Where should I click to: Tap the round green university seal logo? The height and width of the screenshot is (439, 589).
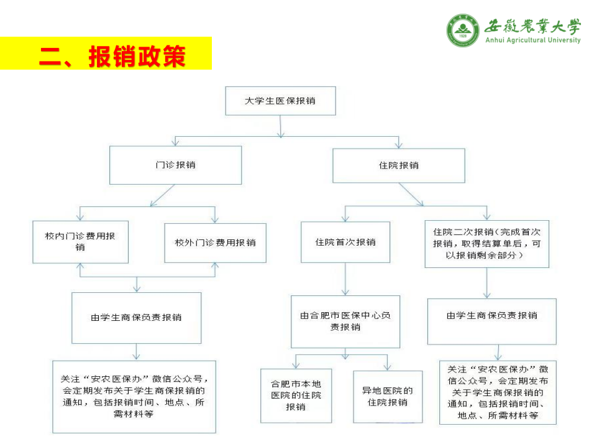click(x=463, y=30)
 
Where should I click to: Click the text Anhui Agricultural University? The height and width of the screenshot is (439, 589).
click(x=532, y=40)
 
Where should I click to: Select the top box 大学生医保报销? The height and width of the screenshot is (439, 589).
click(x=280, y=101)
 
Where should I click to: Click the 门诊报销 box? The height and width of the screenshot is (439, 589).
click(x=175, y=165)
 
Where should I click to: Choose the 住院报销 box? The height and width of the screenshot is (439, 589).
click(x=398, y=165)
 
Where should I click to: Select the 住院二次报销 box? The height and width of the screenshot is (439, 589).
click(x=486, y=243)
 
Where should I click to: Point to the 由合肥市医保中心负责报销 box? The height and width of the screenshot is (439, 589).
click(x=345, y=321)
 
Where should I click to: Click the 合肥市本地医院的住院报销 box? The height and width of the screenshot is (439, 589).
click(x=296, y=396)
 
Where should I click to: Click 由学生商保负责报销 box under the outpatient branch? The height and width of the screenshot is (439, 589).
click(x=136, y=317)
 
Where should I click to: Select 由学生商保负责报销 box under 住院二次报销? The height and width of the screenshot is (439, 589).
click(x=491, y=315)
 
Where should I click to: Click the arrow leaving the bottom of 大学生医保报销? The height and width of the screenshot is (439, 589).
click(x=280, y=125)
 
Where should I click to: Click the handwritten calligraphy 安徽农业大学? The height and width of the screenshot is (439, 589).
click(x=533, y=25)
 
